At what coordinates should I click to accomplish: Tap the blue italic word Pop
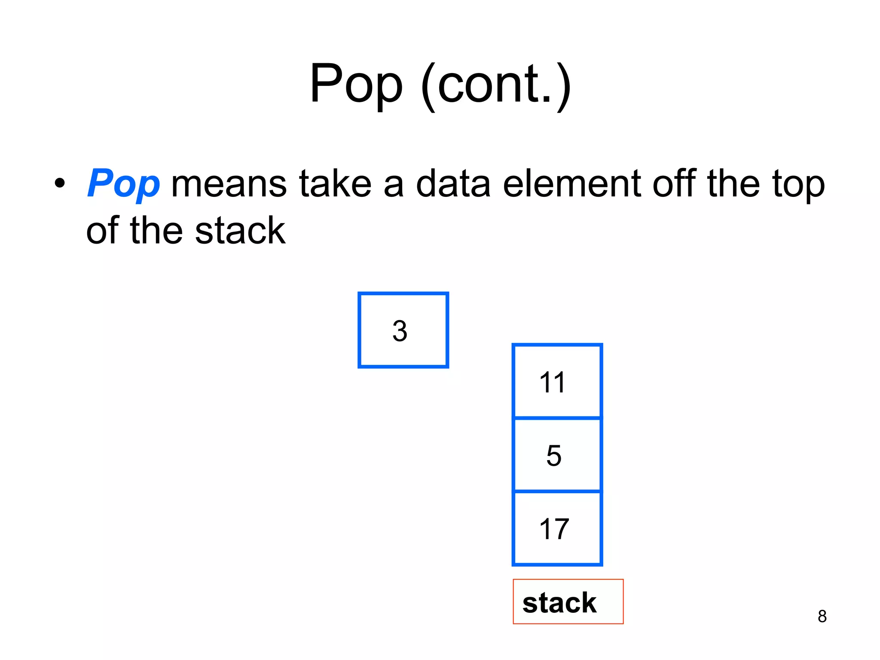pyautogui.click(x=123, y=184)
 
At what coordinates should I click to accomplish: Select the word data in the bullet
pyautogui.click(x=453, y=184)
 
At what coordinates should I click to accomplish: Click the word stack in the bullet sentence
pyautogui.click(x=240, y=231)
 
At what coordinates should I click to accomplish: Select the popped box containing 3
pyautogui.click(x=403, y=330)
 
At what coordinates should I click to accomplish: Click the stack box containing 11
pyautogui.click(x=557, y=381)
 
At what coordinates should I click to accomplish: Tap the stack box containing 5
pyautogui.click(x=557, y=455)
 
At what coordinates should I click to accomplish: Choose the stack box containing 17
pyautogui.click(x=557, y=528)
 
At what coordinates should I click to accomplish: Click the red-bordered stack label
pyautogui.click(x=568, y=602)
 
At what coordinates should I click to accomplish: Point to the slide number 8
pyautogui.click(x=822, y=616)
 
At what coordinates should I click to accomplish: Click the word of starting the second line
pyautogui.click(x=102, y=231)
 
